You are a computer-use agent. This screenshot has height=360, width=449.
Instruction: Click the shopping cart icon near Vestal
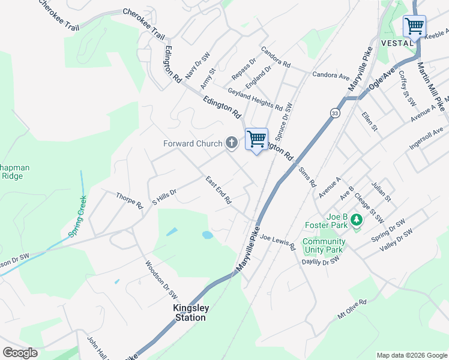point(414,26)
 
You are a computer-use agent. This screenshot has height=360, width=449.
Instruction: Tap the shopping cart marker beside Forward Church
point(256,139)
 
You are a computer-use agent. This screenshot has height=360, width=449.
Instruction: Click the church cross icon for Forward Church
point(232,143)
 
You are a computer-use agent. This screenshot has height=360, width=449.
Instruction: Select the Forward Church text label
point(193,143)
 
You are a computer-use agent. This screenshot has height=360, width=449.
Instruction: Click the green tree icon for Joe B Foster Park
point(357,220)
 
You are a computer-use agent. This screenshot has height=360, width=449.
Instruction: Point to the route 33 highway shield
point(334,113)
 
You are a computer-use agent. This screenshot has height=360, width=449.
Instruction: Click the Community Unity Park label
point(324,245)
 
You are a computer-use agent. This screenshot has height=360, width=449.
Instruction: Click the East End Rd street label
point(218,190)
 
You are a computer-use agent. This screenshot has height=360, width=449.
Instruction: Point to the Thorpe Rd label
point(130,200)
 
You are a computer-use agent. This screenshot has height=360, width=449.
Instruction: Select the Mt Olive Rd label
point(352,309)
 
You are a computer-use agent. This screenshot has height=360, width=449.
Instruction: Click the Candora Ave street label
point(330,76)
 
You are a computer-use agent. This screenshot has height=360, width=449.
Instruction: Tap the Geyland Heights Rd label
point(255,99)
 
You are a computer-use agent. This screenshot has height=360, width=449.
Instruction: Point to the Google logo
point(20,353)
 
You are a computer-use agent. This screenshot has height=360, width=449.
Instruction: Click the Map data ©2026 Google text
point(411,355)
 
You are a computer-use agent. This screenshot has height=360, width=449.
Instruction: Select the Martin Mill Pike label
point(432,86)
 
